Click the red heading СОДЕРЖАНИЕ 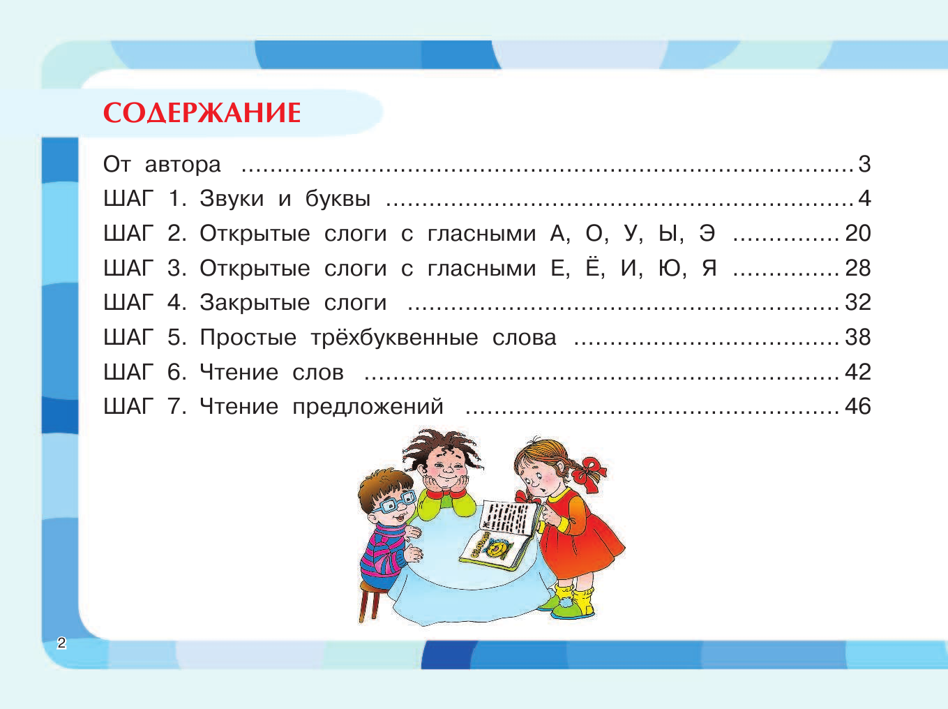tap(202, 113)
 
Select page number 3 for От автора tap(864, 164)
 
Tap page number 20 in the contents tap(858, 233)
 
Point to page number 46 tap(858, 406)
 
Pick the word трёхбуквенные tap(394, 338)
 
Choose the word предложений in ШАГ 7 tap(368, 407)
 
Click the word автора tap(183, 165)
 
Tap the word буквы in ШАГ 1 tap(338, 199)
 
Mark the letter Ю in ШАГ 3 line tap(670, 268)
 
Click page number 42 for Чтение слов tap(858, 372)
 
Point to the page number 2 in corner tap(61, 643)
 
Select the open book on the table tap(501, 534)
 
